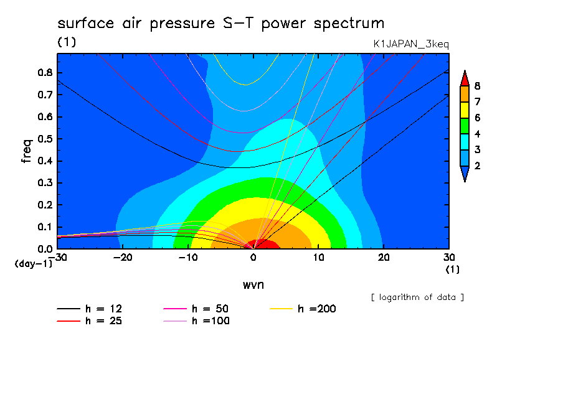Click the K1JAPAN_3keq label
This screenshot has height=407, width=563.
[x=411, y=44]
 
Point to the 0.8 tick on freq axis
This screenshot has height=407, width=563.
[x=45, y=72]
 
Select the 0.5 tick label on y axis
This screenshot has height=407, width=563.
[x=45, y=139]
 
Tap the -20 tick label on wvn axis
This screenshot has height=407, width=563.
[x=123, y=258]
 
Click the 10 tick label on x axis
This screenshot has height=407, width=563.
[x=318, y=258]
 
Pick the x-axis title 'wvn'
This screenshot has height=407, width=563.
[x=253, y=285]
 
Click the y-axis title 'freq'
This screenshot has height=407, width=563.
[x=27, y=151]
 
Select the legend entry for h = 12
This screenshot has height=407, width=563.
[x=90, y=309]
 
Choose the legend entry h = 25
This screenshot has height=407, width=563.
[x=90, y=321]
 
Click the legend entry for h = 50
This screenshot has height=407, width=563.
[x=196, y=309]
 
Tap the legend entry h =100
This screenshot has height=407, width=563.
[x=196, y=321]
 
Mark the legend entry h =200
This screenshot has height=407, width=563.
[x=303, y=309]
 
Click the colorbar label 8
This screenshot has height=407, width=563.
[x=477, y=86]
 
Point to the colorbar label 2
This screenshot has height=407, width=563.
[x=477, y=166]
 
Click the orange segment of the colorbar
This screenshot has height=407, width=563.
[x=465, y=94]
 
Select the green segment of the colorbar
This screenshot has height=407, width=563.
[x=465, y=126]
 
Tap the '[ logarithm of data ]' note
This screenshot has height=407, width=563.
[x=417, y=297]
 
